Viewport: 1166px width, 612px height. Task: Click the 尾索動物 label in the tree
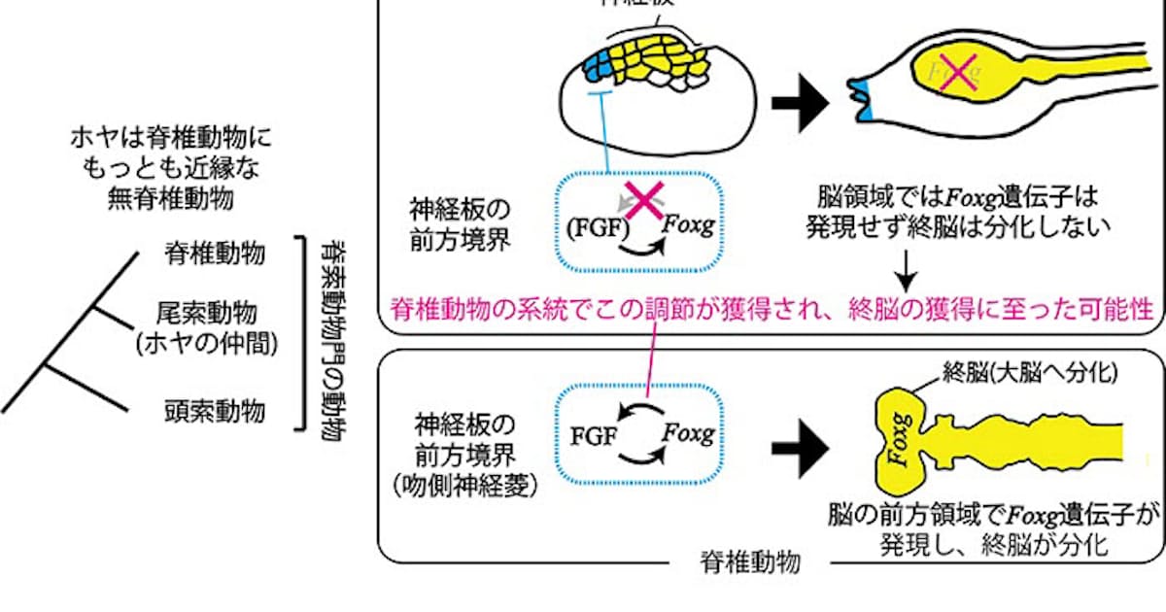point(207,313)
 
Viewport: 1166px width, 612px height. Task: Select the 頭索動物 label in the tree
point(214,413)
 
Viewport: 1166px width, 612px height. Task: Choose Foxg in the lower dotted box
point(688,433)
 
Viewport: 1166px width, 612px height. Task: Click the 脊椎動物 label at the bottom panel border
point(750,562)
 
